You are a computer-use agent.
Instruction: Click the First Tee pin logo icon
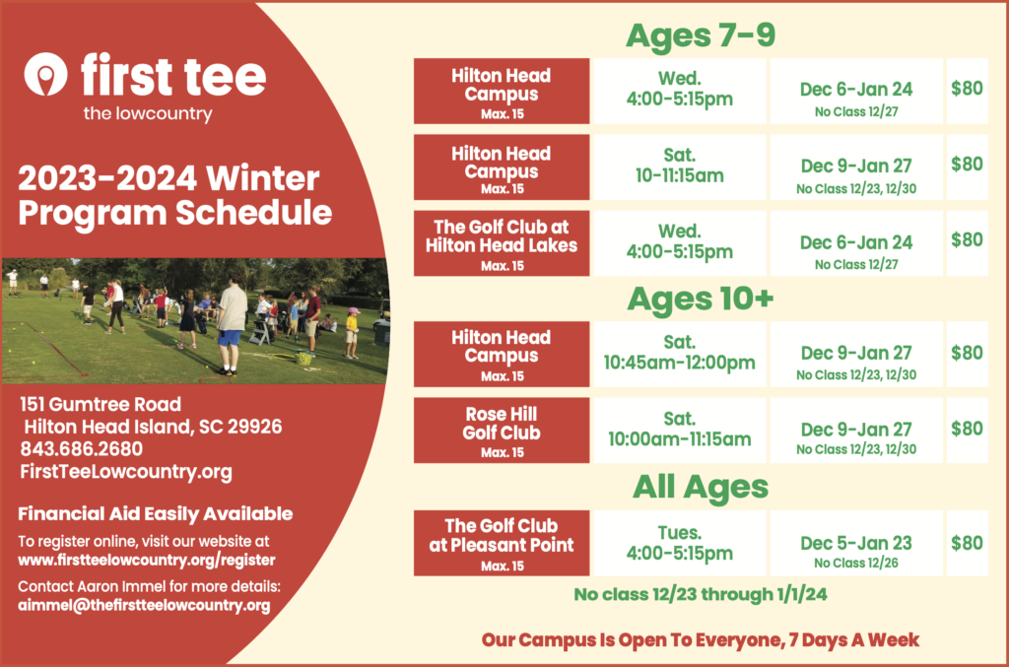tap(45, 73)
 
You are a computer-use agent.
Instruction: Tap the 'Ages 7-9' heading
tap(701, 34)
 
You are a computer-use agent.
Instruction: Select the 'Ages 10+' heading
tap(701, 299)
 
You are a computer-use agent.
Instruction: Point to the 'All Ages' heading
tap(701, 487)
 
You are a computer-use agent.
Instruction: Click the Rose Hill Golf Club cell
tap(502, 431)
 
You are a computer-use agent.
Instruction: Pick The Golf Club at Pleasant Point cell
tap(502, 543)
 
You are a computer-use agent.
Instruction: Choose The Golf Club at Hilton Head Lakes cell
tap(502, 243)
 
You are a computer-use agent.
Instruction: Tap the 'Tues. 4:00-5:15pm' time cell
tap(680, 543)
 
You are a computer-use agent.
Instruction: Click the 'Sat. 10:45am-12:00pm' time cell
tap(680, 354)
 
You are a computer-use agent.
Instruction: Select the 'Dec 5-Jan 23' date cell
tap(856, 543)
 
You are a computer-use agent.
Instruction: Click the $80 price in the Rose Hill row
tap(967, 429)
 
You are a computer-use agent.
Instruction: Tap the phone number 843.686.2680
tap(82, 449)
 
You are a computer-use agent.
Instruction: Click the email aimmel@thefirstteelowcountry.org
tap(144, 605)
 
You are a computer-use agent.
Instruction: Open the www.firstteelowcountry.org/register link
tap(147, 561)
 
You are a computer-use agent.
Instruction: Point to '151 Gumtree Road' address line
tap(101, 405)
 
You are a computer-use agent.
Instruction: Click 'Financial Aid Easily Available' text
tap(155, 514)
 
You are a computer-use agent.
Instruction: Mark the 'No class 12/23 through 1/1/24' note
tap(701, 594)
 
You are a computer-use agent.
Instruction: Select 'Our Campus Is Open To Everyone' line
tap(701, 640)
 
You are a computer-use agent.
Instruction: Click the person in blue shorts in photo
tap(230, 326)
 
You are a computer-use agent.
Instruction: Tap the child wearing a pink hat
tap(352, 332)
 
